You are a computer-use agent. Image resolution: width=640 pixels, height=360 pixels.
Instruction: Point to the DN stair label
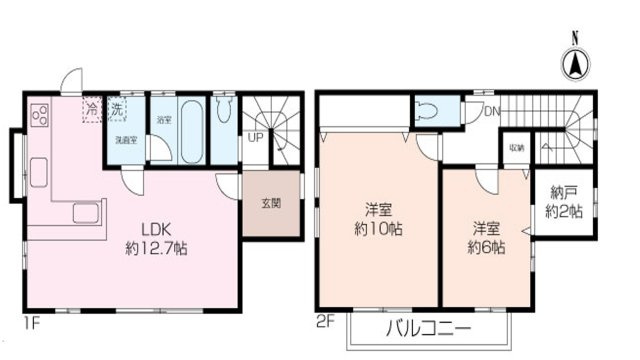[491, 111]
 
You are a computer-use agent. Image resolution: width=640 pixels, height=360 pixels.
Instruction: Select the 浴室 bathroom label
[164, 120]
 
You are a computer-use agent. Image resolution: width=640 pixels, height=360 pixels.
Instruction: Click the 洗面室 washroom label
[126, 140]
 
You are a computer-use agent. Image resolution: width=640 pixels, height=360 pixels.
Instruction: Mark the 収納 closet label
[516, 146]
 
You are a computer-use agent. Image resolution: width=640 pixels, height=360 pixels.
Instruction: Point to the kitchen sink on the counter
[84, 213]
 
